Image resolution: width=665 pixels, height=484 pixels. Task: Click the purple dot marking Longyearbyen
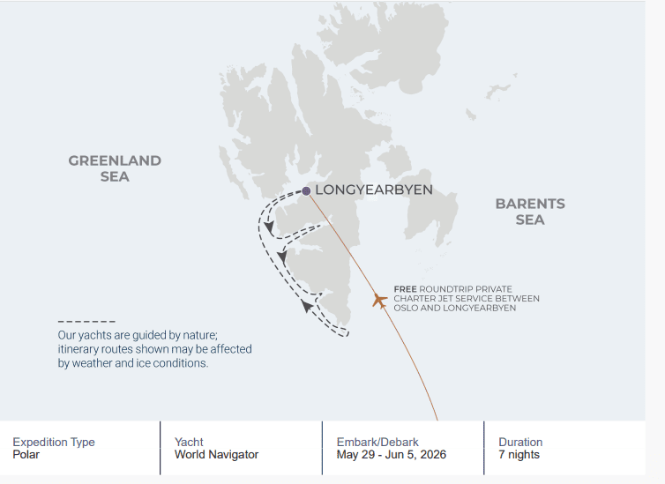[x=306, y=191]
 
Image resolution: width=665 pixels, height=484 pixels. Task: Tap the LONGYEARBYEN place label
[x=374, y=190]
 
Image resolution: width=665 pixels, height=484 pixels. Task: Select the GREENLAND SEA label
[x=115, y=168]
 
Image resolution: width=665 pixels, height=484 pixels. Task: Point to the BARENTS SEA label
[x=530, y=212]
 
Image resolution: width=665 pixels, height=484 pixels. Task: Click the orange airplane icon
[x=379, y=301]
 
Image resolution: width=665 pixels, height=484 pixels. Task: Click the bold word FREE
[x=405, y=289]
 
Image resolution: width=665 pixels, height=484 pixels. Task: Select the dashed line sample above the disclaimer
[x=86, y=321]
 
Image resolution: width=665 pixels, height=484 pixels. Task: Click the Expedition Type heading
[x=54, y=442]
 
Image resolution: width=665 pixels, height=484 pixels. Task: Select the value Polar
[x=26, y=455]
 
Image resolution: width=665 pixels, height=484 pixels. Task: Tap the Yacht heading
[x=189, y=442]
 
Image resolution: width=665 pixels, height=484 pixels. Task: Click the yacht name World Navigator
[x=216, y=455]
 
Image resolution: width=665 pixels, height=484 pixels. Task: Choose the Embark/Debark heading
[x=377, y=442]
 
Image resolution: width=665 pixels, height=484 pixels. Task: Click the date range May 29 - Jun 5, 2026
[x=392, y=455]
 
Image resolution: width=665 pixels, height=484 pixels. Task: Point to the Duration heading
[x=520, y=442]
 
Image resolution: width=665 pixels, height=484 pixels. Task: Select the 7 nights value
[x=519, y=455]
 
